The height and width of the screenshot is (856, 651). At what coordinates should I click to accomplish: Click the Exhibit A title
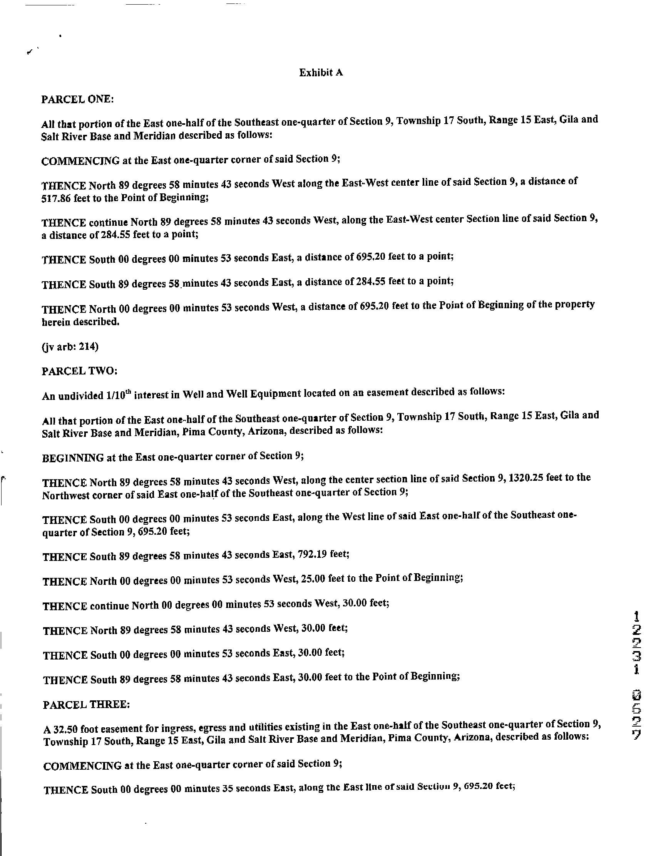click(321, 72)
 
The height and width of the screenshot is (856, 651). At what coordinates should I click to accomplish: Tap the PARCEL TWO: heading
click(79, 371)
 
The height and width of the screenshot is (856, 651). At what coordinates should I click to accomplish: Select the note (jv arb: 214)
click(70, 346)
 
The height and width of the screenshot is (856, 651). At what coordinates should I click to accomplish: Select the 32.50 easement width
click(61, 729)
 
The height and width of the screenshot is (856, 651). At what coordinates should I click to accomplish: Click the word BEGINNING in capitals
click(72, 458)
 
